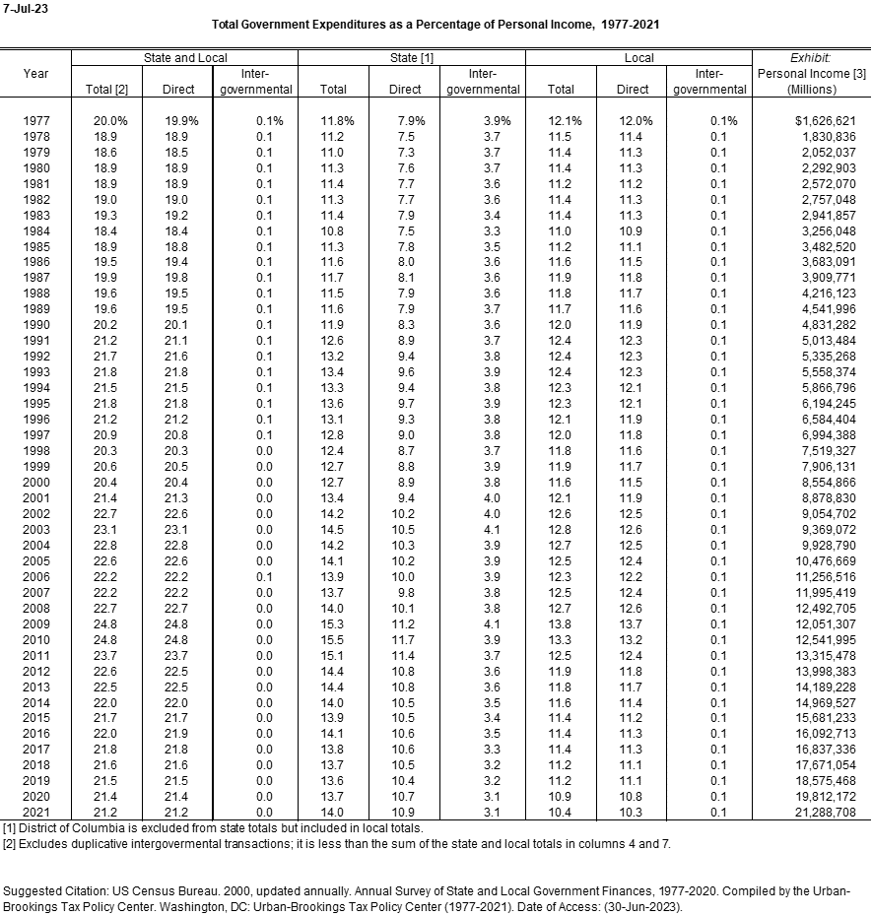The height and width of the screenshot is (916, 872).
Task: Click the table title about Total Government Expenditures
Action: click(x=436, y=24)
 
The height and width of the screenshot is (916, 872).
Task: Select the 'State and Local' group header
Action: click(x=185, y=58)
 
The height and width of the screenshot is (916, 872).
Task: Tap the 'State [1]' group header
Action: click(x=412, y=58)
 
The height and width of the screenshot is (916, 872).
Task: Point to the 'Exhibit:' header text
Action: click(x=811, y=58)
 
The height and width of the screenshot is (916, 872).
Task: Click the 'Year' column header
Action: click(x=36, y=73)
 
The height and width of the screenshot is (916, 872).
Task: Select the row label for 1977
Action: click(x=36, y=120)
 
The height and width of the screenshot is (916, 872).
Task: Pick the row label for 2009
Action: click(x=36, y=624)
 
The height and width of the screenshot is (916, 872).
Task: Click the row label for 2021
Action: click(x=36, y=814)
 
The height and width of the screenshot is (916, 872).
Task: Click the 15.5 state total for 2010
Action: click(x=332, y=640)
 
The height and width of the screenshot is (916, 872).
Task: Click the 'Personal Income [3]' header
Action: click(x=811, y=73)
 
